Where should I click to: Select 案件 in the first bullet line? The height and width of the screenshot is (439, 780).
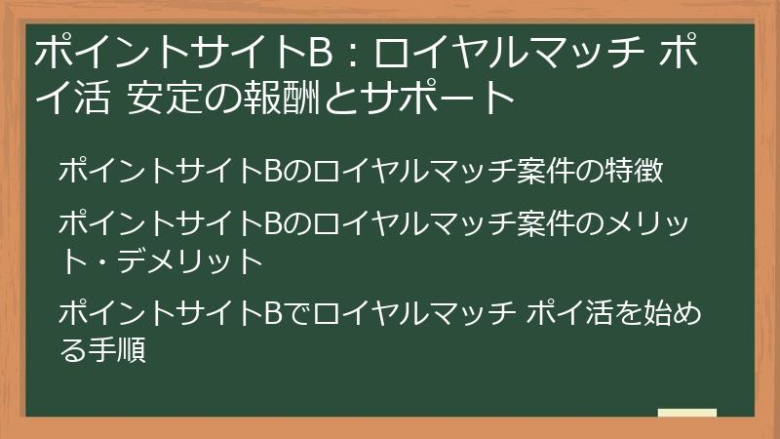540,173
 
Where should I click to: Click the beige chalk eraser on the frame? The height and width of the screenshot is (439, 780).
687,414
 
